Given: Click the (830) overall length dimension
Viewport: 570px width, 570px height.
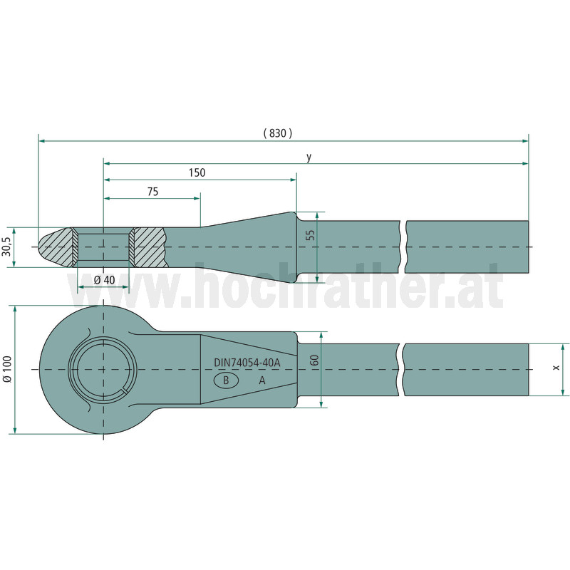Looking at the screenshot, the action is click(x=278, y=133).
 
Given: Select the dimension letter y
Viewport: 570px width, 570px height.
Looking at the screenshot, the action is click(x=309, y=157).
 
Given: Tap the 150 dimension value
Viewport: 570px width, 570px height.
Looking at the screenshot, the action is click(x=197, y=172).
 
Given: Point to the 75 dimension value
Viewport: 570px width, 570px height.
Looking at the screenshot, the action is click(x=153, y=192).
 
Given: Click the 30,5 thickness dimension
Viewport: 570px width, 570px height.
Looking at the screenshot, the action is click(x=6, y=247).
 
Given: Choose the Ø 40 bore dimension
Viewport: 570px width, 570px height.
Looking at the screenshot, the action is click(x=104, y=280).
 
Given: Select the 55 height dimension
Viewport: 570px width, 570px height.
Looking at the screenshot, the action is click(x=310, y=235).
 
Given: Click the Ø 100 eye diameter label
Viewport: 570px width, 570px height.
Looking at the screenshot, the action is click(x=7, y=369).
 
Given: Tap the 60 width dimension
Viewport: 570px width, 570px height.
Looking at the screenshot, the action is click(x=315, y=361).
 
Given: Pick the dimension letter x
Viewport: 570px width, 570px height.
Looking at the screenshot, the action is click(x=556, y=368).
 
